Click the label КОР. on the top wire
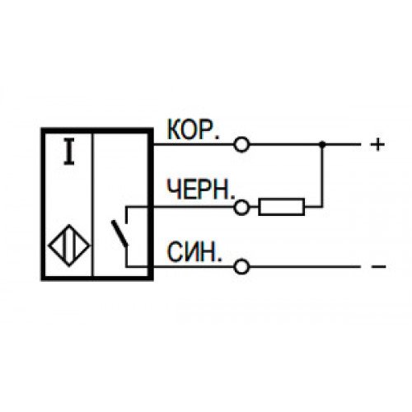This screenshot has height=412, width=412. [194, 129]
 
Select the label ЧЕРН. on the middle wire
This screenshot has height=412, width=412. [201, 190]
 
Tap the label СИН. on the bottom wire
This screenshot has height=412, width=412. [194, 252]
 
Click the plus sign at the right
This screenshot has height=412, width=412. [377, 144]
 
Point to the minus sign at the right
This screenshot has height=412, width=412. [378, 266]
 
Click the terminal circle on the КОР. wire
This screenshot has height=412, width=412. [241, 144]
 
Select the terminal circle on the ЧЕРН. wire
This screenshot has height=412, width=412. [241, 208]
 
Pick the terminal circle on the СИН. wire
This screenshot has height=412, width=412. [241, 266]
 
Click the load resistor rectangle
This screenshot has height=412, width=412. [282, 207]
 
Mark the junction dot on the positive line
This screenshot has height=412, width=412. [322, 144]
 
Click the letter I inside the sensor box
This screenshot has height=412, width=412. [69, 152]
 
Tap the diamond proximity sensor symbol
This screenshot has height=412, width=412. [69, 246]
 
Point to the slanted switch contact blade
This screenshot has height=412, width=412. [119, 233]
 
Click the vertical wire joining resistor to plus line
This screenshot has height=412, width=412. [323, 176]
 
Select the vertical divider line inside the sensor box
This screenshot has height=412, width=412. [93, 204]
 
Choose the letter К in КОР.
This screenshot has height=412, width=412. [174, 129]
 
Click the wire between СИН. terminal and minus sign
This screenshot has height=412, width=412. [305, 266]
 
